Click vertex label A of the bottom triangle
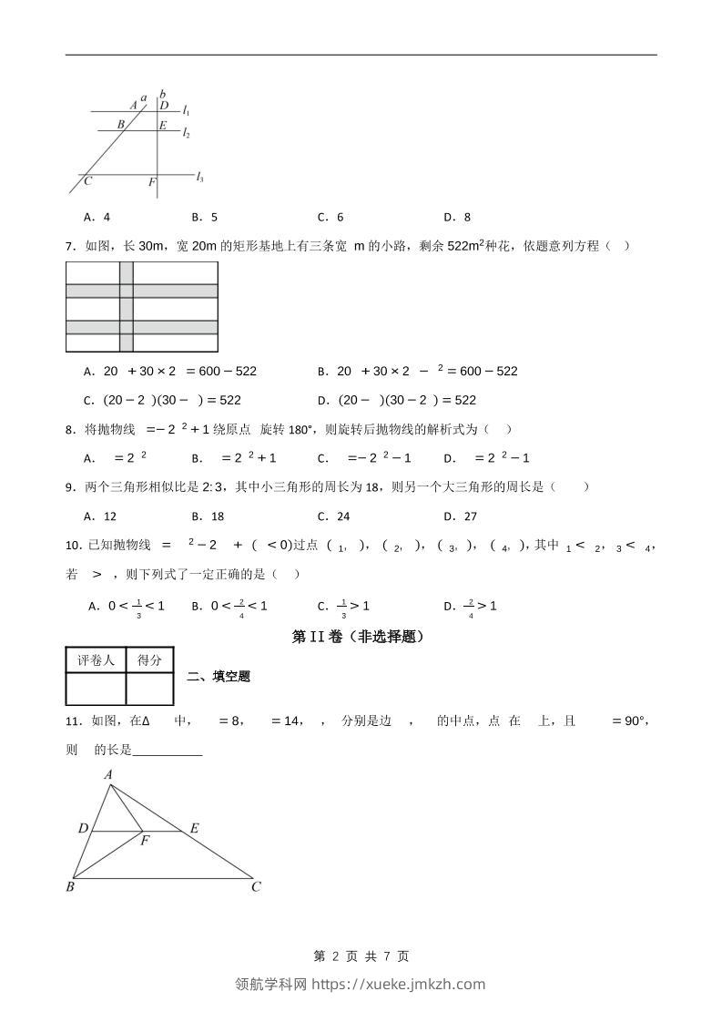click(108, 774)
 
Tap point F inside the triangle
click(144, 840)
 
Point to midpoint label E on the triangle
click(194, 828)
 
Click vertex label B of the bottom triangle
click(70, 886)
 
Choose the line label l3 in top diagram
click(199, 178)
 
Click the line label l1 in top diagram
click(186, 111)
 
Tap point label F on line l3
click(152, 182)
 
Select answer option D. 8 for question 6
click(457, 217)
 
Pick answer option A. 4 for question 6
click(97, 217)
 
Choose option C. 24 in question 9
click(333, 516)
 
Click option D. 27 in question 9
click(460, 516)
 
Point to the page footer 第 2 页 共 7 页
click(361, 956)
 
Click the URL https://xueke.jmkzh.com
click(399, 984)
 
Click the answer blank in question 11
click(168, 751)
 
